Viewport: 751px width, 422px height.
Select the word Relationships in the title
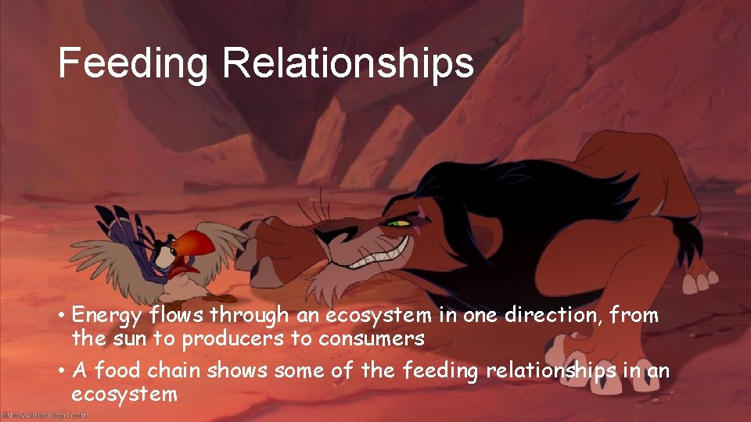348,64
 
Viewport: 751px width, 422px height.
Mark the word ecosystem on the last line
124,394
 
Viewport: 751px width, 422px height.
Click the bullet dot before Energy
60,316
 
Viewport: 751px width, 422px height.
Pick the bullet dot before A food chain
60,371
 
